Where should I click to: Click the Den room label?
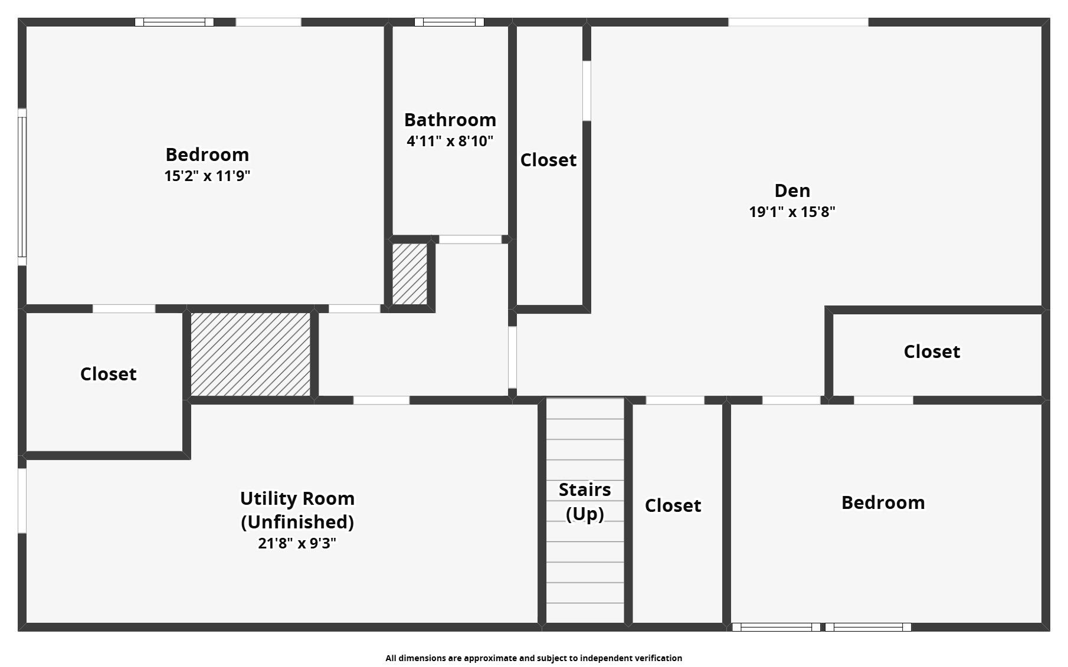[792, 190]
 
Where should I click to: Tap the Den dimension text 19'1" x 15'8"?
[792, 212]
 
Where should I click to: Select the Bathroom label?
[450, 120]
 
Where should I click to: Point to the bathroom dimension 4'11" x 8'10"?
[450, 141]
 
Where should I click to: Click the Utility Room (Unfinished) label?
[297, 510]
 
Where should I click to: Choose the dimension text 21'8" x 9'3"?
[297, 543]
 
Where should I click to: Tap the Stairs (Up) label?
[584, 501]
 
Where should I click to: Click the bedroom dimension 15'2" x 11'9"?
[207, 176]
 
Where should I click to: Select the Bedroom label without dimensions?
[883, 502]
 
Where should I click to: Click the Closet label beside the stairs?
[673, 505]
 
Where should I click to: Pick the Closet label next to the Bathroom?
[548, 160]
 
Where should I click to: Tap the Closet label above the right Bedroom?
[932, 351]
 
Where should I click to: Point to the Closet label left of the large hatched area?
[108, 374]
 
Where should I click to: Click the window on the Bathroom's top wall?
[449, 22]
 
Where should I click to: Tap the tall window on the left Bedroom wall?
[22, 187]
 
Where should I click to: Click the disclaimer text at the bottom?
[533, 658]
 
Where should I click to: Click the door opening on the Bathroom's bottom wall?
[470, 239]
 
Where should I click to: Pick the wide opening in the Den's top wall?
[798, 22]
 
